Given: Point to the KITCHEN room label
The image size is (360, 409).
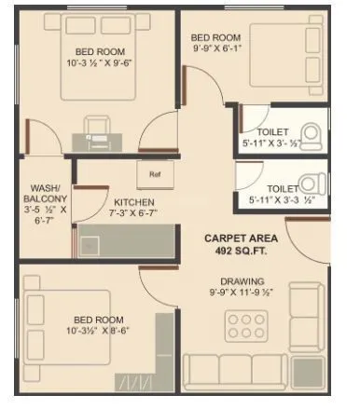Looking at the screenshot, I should tap(134, 202).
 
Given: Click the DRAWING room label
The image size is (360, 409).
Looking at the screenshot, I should tap(242, 281).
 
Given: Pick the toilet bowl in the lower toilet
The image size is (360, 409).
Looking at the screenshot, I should tap(314, 183).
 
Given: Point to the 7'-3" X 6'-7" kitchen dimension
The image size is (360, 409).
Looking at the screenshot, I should tap(133, 214).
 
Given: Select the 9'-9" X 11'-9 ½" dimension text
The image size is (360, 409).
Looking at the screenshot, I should tap(242, 293).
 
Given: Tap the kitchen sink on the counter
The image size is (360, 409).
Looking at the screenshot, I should tap(92, 244).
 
